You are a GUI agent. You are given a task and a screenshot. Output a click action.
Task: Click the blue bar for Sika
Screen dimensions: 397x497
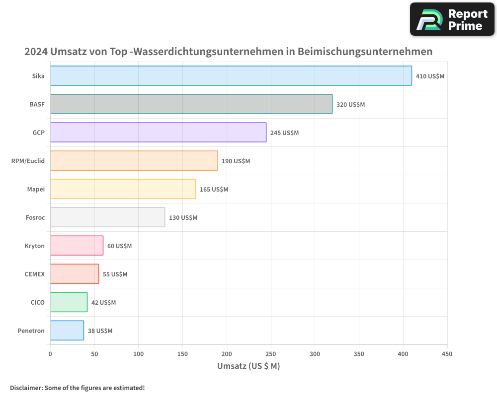coord(231,76)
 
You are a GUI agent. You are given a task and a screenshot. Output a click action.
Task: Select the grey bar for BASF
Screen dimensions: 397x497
coord(191,104)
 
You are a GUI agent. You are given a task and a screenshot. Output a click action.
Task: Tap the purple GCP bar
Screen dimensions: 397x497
coord(158,132)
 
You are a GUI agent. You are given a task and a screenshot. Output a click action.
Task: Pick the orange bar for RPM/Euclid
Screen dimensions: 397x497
coord(134,161)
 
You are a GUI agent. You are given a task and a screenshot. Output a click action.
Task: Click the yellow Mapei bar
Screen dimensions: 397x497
coord(123,189)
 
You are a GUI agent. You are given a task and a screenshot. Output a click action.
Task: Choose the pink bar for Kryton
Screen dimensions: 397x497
coord(77,246)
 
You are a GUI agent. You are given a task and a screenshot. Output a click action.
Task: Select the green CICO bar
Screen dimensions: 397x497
coord(69,302)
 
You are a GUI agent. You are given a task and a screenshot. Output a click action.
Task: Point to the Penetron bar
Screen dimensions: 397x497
coord(67,331)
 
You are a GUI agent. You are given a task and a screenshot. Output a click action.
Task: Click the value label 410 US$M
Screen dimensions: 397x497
coord(430,76)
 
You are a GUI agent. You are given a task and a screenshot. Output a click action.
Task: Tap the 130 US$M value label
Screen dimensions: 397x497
coord(183,218)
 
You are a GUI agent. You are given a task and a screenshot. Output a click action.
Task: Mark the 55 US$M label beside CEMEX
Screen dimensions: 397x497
coord(115,274)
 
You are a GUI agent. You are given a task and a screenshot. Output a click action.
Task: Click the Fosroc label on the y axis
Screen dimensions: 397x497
coord(35,217)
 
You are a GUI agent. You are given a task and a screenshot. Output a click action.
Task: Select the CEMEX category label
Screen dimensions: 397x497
coord(34,274)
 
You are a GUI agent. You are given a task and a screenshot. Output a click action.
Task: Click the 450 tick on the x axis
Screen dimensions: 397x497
coord(447,354)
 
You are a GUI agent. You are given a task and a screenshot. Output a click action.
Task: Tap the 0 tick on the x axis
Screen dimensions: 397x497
coord(50,354)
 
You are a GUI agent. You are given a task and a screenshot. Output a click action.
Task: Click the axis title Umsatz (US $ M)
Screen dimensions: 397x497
coord(248,366)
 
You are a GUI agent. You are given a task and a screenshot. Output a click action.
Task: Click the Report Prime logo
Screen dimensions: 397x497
coord(452,19)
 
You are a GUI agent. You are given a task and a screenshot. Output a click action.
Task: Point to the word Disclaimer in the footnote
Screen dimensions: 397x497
coord(25,388)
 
